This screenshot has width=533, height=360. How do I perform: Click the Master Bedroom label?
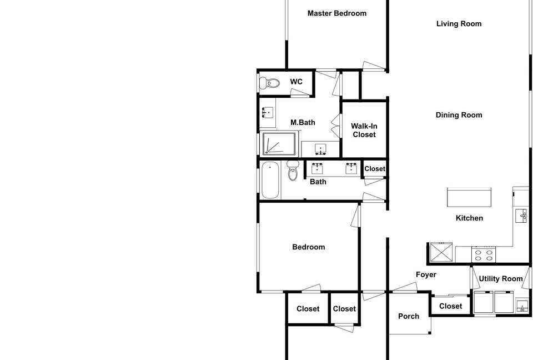337,13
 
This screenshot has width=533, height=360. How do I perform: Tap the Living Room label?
459,24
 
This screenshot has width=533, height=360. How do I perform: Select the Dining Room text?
459,115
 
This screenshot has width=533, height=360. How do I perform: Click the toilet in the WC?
269,83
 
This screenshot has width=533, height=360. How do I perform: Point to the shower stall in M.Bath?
279,143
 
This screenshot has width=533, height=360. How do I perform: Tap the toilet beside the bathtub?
293,171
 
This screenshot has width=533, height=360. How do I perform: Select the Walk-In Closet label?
364,131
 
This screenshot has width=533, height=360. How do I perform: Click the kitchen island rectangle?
469,197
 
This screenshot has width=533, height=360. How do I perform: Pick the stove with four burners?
484,254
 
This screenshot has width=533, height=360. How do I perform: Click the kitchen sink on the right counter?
521,216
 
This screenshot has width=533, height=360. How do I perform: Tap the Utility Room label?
501,279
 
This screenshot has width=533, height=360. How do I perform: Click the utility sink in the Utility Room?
522,306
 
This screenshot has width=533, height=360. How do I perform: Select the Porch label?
409,316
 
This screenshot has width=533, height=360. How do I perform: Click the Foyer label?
426,274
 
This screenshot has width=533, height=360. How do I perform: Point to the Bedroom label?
309,247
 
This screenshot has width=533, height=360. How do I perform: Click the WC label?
296,82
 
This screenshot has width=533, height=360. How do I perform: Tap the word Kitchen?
470,218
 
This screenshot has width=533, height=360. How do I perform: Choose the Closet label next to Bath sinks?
375,169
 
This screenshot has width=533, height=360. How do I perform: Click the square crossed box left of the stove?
441,252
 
